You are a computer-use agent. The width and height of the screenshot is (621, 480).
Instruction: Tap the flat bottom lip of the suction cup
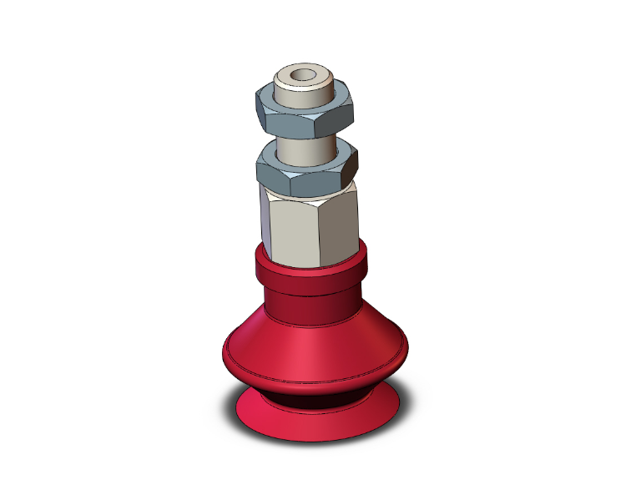click(317, 422)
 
